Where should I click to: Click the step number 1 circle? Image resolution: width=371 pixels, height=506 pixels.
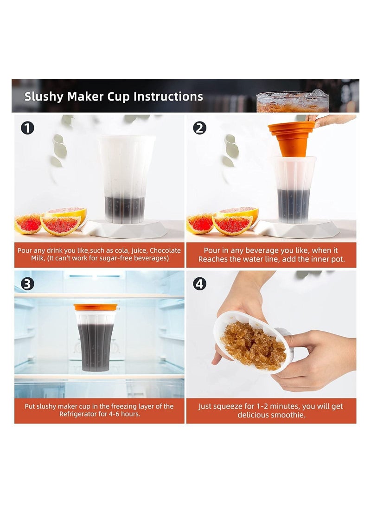pyautogui.click(x=27, y=128)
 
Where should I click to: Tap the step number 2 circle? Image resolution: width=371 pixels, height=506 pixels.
pyautogui.click(x=199, y=128)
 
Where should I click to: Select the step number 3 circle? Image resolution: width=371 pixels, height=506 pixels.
pyautogui.click(x=27, y=284)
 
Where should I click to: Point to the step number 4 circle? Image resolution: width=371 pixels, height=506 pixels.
pyautogui.click(x=199, y=284)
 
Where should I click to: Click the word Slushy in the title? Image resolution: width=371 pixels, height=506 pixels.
pyautogui.click(x=44, y=97)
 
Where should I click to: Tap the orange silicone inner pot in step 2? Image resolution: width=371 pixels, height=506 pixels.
pyautogui.click(x=292, y=139)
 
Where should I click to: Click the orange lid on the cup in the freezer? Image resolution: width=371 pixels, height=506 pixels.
pyautogui.click(x=96, y=307)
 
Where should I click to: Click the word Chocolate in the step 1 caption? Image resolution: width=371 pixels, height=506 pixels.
pyautogui.click(x=165, y=250)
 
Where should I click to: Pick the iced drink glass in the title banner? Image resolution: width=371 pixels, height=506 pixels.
pyautogui.click(x=292, y=102)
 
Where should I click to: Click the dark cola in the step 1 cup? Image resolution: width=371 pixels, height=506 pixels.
pyautogui.click(x=125, y=209)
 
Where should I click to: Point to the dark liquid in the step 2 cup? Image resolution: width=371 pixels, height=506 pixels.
pyautogui.click(x=294, y=205)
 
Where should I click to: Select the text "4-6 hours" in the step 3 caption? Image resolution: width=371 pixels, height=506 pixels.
pyautogui.click(x=125, y=414)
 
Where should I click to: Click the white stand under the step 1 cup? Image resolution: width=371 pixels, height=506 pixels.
pyautogui.click(x=125, y=229)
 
